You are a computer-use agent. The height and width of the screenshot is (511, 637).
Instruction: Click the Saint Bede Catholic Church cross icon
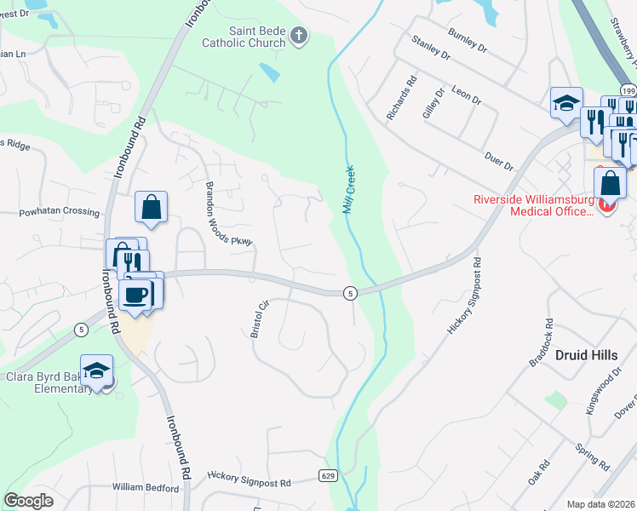[298, 35]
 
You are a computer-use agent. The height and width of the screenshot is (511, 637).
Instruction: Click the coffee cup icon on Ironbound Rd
[136, 296]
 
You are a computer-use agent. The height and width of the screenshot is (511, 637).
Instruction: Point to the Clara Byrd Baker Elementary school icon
[97, 370]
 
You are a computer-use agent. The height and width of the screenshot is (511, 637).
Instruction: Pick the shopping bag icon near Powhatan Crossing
[151, 207]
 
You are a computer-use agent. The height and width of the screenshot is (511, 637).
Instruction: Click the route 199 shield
[628, 90]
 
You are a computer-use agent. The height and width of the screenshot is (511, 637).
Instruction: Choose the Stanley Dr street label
[430, 48]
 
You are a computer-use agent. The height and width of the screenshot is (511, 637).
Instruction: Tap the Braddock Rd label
[541, 343]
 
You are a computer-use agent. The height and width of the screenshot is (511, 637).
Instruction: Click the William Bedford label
[146, 488]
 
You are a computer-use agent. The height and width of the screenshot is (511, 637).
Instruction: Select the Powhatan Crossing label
[60, 211]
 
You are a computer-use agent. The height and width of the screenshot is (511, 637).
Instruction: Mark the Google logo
[28, 501]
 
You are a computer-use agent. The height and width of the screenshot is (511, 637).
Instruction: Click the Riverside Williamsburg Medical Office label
[532, 206]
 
